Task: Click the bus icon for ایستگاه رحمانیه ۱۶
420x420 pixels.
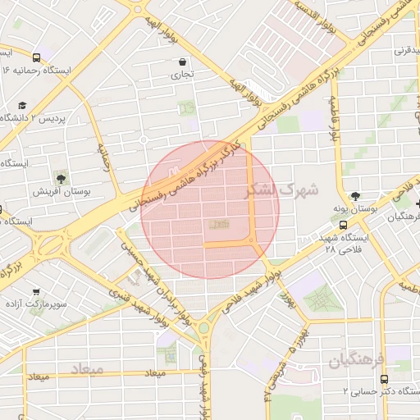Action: (x=36, y=57)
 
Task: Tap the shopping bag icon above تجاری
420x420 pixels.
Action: (x=182, y=62)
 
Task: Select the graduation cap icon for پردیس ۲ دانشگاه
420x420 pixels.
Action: (x=22, y=106)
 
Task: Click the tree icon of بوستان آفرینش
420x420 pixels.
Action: (x=61, y=177)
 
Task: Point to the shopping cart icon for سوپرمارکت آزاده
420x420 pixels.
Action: (x=36, y=291)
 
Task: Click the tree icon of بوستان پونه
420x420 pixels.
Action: (x=354, y=196)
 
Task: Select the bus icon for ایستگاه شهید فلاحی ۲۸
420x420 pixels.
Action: (x=344, y=224)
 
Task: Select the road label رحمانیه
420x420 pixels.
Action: (x=104, y=155)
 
